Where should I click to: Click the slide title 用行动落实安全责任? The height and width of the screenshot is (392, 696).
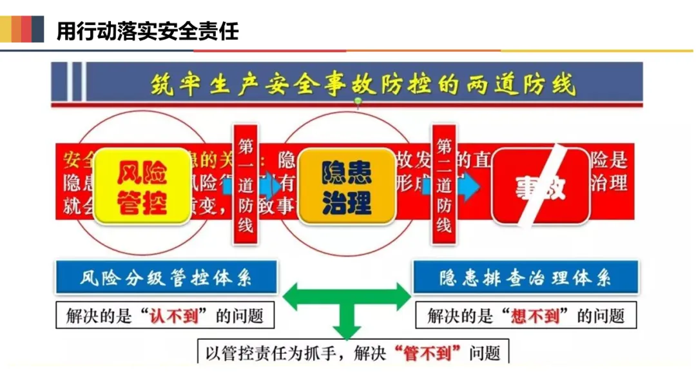(148, 30)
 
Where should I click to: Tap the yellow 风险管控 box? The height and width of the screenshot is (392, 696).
(142, 187)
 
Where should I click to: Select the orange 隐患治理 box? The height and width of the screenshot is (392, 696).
(347, 187)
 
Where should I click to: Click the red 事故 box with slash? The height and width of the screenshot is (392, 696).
(541, 186)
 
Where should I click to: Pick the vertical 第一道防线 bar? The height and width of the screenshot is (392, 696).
(246, 184)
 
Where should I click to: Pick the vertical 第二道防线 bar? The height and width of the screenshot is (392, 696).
(444, 184)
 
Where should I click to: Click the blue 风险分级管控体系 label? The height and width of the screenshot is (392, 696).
(166, 278)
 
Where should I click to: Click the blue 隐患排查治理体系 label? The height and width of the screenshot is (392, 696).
(525, 278)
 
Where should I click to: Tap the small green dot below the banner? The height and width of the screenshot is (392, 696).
(358, 104)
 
